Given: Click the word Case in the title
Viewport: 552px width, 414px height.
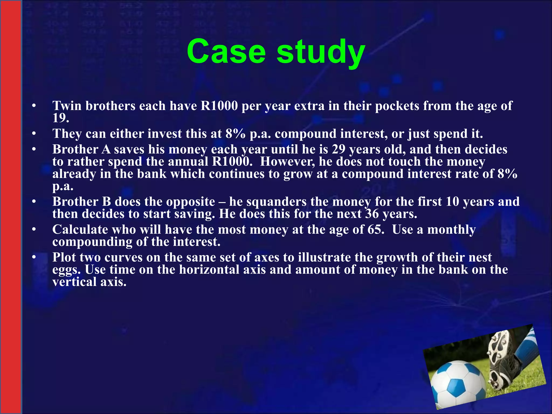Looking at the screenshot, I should point(226,51).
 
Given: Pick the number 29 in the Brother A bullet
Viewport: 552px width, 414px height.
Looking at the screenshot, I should point(339,149).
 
